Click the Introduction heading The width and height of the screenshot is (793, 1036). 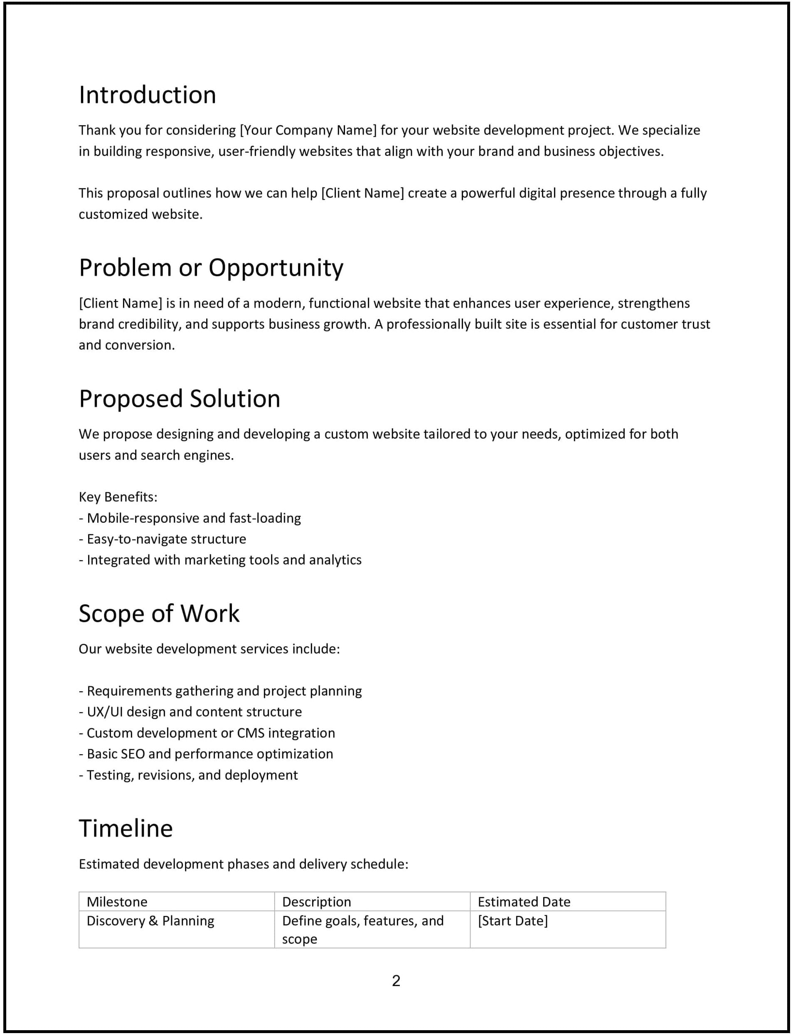pyautogui.click(x=147, y=95)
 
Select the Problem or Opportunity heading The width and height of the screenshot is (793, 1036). pyautogui.click(x=211, y=268)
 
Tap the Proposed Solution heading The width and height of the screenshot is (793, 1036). pyautogui.click(x=180, y=399)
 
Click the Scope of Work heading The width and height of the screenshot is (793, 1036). pyautogui.click(x=159, y=613)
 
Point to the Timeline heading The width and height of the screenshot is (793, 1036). pyautogui.click(x=126, y=828)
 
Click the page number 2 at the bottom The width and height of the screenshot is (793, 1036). pyautogui.click(x=396, y=981)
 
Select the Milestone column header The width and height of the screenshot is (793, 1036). pyautogui.click(x=117, y=902)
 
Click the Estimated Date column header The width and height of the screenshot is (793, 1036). pyautogui.click(x=524, y=902)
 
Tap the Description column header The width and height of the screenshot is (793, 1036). pyautogui.click(x=317, y=902)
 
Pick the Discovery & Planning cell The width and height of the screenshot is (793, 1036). pyautogui.click(x=150, y=921)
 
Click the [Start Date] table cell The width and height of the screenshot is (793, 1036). pyautogui.click(x=512, y=921)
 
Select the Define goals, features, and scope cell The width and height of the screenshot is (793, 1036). pyautogui.click(x=362, y=929)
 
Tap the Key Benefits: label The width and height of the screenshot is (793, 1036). pyautogui.click(x=118, y=497)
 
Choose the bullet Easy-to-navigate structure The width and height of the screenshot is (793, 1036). pyautogui.click(x=166, y=539)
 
